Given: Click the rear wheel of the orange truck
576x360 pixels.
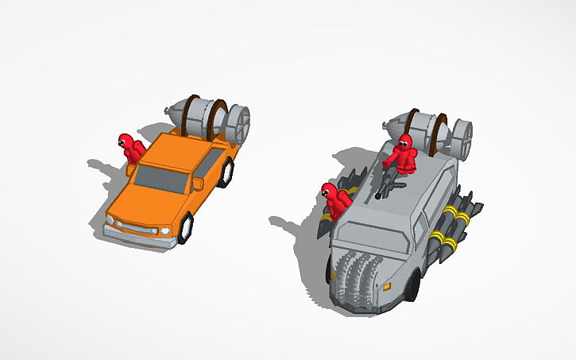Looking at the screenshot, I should (229, 170).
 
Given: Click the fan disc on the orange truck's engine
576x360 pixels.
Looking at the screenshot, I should (238, 124).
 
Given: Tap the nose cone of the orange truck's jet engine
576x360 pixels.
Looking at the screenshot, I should (174, 110).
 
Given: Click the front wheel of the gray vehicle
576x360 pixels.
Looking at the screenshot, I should (412, 287).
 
